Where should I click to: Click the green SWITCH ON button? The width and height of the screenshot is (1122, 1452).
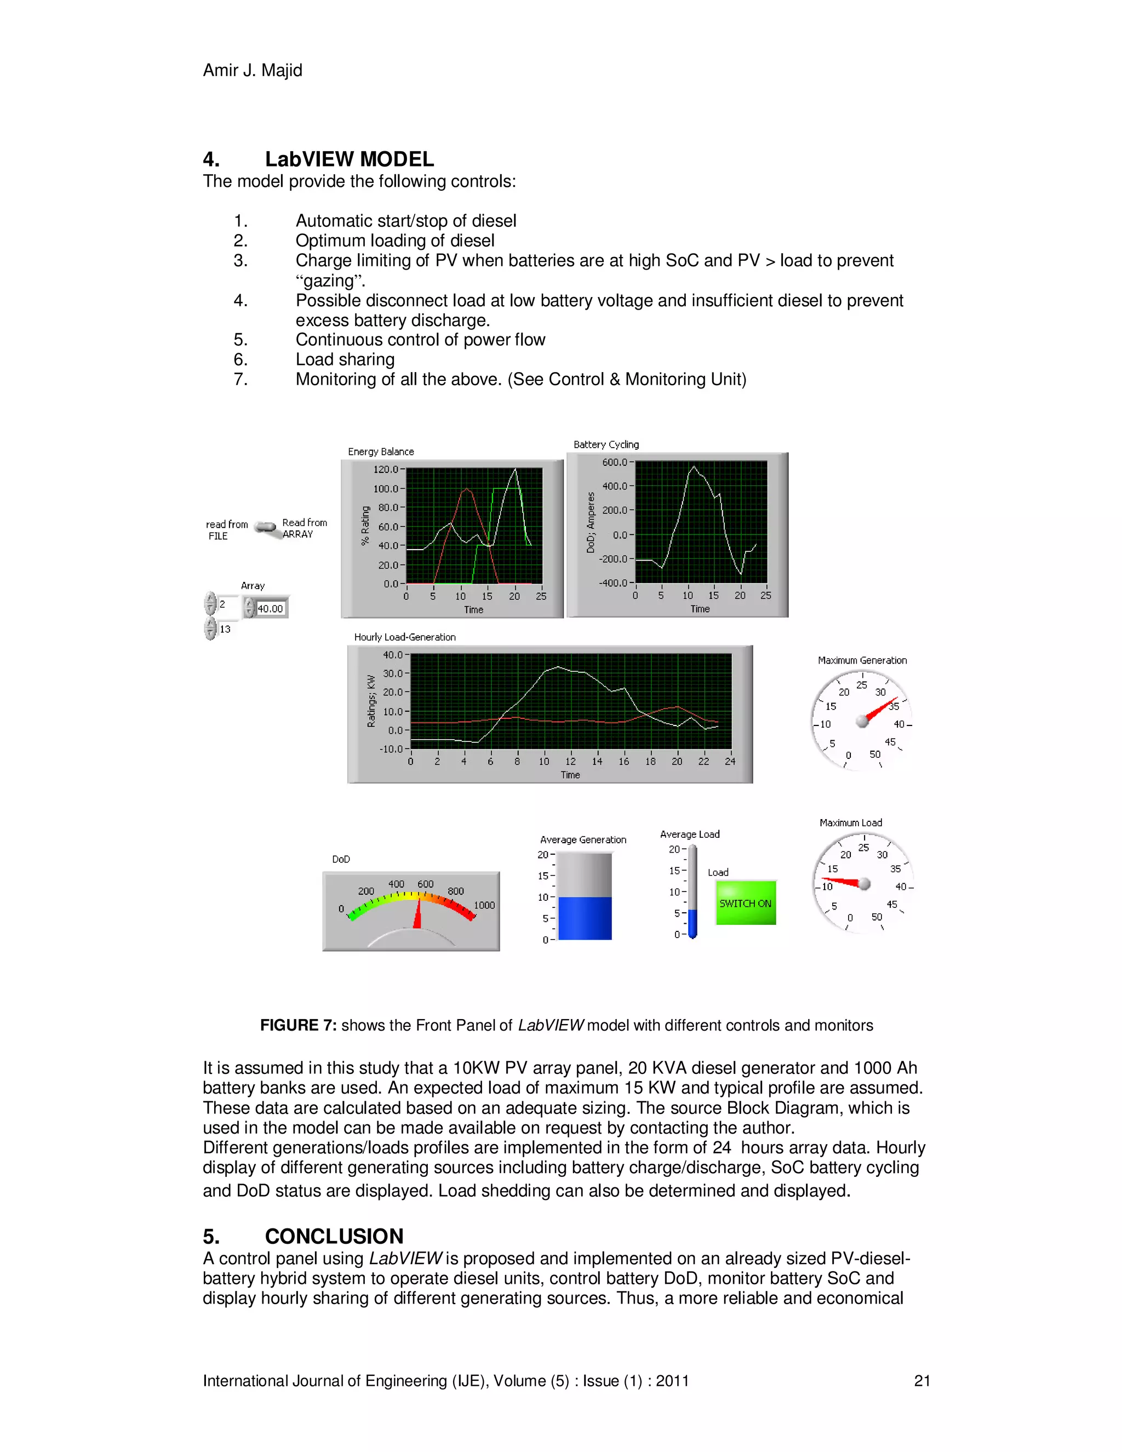(745, 903)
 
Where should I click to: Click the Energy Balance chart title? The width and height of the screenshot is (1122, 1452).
(381, 451)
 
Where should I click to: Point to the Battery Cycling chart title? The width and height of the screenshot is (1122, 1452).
(606, 444)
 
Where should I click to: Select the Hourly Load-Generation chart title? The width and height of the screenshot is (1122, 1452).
(405, 637)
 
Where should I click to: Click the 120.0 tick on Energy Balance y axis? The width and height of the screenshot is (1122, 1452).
(386, 470)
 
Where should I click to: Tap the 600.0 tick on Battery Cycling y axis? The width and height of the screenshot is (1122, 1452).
(615, 462)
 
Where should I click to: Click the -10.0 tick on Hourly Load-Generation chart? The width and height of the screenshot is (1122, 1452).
(392, 748)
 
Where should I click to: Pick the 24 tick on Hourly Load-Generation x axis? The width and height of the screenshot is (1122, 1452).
(730, 761)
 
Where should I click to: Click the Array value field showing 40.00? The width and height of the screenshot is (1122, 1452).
(270, 608)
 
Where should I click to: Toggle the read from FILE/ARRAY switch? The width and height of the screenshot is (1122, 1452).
(266, 528)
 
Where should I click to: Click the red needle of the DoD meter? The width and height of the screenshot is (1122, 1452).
(418, 914)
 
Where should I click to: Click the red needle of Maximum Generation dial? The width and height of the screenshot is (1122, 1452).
(881, 710)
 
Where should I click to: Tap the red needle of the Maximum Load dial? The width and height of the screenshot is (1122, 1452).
(843, 882)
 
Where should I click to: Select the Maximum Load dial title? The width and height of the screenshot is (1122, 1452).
(851, 822)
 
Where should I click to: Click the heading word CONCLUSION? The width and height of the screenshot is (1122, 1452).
(334, 1236)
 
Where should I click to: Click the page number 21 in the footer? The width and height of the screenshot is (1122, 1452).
(922, 1381)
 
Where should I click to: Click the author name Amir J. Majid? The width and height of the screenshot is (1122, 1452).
(253, 71)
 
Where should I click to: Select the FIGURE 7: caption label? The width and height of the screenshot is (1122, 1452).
(299, 1025)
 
